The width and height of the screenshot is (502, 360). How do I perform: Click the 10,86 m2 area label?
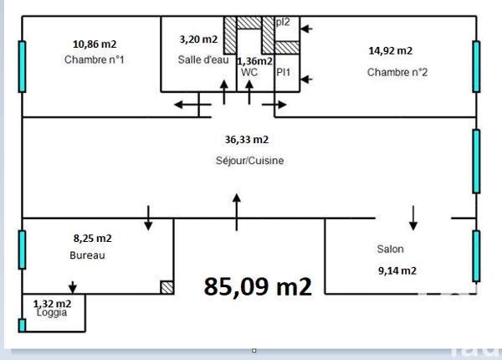click(95, 44)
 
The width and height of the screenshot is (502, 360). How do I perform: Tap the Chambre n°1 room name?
click(95, 59)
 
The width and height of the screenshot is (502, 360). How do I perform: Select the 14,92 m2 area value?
click(390, 50)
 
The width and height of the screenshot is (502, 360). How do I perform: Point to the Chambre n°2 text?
click(397, 72)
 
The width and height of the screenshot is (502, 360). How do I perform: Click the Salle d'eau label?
click(198, 59)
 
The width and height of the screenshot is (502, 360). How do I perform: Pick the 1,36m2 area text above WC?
click(254, 61)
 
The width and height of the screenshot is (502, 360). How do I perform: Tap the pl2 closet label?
click(283, 22)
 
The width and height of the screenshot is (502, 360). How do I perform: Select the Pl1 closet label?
click(284, 73)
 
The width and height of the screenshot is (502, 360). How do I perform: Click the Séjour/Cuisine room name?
click(249, 161)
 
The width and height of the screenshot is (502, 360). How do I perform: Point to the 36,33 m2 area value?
click(247, 140)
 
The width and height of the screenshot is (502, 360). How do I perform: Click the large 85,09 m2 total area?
click(258, 286)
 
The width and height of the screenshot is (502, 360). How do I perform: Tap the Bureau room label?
click(87, 256)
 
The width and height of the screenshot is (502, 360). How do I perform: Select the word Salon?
click(391, 249)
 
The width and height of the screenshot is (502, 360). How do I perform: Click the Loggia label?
click(51, 312)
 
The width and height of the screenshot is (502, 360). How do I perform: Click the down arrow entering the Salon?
click(413, 218)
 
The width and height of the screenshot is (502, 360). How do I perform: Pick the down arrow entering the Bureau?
click(148, 217)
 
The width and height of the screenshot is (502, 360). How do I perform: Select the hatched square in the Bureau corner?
click(166, 286)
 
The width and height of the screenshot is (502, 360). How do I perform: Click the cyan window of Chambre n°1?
click(22, 65)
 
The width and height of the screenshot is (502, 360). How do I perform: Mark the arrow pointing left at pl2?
click(305, 29)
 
